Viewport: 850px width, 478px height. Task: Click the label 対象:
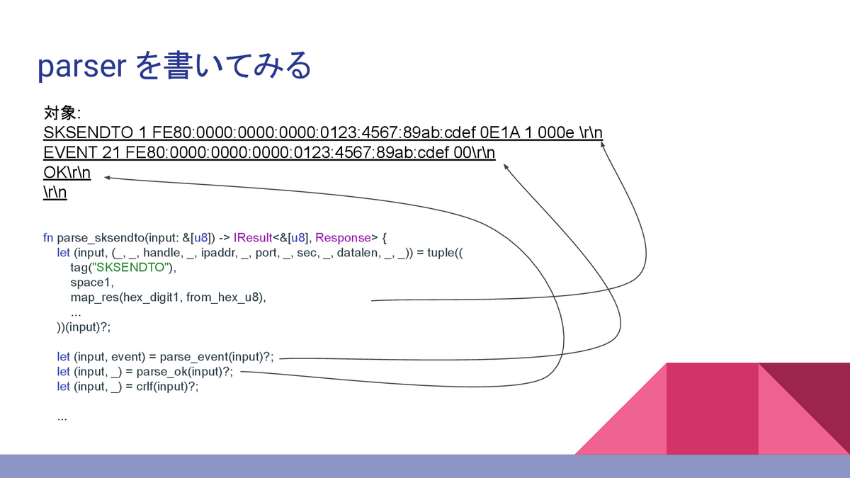pos(62,113)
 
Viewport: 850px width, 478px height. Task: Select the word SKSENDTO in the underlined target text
pos(83,133)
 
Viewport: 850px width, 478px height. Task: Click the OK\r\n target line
pos(67,173)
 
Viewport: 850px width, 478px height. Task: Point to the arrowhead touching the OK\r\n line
pos(107,178)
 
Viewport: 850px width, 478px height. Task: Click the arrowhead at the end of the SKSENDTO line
pos(603,144)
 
